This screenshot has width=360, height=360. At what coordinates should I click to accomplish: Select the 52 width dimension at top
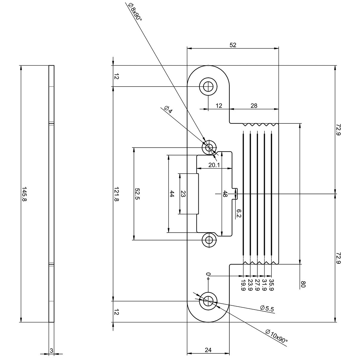pos(233,45)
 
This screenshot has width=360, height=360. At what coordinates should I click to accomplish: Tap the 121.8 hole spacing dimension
pos(116,194)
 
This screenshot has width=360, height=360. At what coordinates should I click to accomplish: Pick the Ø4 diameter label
pos(168,109)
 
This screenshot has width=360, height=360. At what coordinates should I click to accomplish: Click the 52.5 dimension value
pos(137,194)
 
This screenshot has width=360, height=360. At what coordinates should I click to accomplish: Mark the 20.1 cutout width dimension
pos(214,165)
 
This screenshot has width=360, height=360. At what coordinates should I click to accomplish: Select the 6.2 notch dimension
pos(239,213)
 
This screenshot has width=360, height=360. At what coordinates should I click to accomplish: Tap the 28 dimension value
pos(254,106)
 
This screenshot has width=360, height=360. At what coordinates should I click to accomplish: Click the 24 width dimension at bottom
pos(208,350)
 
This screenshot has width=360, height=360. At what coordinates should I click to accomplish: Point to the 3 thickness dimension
pos(51,351)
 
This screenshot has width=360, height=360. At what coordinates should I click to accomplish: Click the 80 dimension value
pos(303,284)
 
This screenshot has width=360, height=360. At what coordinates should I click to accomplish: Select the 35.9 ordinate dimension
pos(271,285)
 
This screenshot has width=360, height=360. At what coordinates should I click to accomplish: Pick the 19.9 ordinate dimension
pos(243,285)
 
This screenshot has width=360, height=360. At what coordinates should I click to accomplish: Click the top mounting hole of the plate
pos(208,87)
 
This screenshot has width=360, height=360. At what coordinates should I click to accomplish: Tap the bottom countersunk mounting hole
pos(208,301)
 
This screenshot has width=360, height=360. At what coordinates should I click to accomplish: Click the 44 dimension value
pos(172,194)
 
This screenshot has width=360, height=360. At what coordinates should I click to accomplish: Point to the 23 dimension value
pos(183,194)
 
